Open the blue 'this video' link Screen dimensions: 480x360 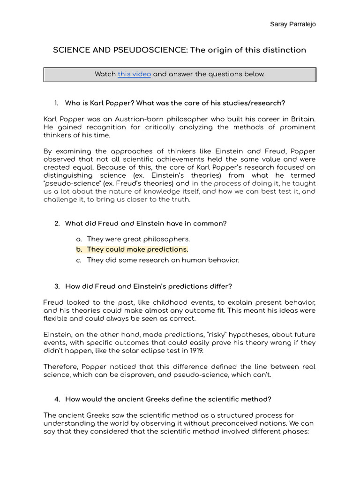pyautogui.click(x=134, y=74)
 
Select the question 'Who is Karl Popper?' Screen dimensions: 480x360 pyautogui.click(x=99, y=103)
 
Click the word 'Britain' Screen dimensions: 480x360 pyautogui.click(x=301, y=119)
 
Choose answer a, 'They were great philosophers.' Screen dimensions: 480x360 pyautogui.click(x=138, y=239)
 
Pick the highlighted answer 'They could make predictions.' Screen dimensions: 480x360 pyautogui.click(x=137, y=249)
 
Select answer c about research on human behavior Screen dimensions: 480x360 pyautogui.click(x=163, y=260)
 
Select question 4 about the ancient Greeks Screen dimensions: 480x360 pyautogui.click(x=168, y=399)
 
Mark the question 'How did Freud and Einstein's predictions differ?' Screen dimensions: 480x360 pyautogui.click(x=148, y=286)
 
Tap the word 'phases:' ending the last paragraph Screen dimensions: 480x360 pyautogui.click(x=295, y=432)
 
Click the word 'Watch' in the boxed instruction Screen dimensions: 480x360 pyautogui.click(x=105, y=74)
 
